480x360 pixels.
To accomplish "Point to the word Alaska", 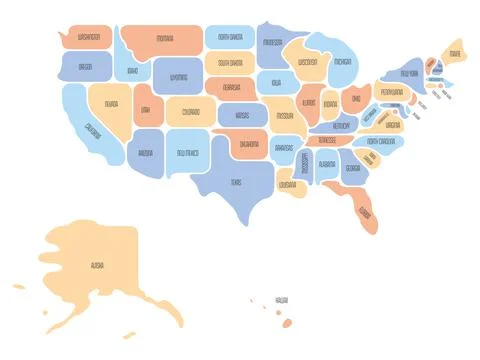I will pos(97,267).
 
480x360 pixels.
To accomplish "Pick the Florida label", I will pos(365,213).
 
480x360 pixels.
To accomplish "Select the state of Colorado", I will pos(191,112).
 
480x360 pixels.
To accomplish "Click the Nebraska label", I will pos(232,87).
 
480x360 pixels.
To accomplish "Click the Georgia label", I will pos(353,168).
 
